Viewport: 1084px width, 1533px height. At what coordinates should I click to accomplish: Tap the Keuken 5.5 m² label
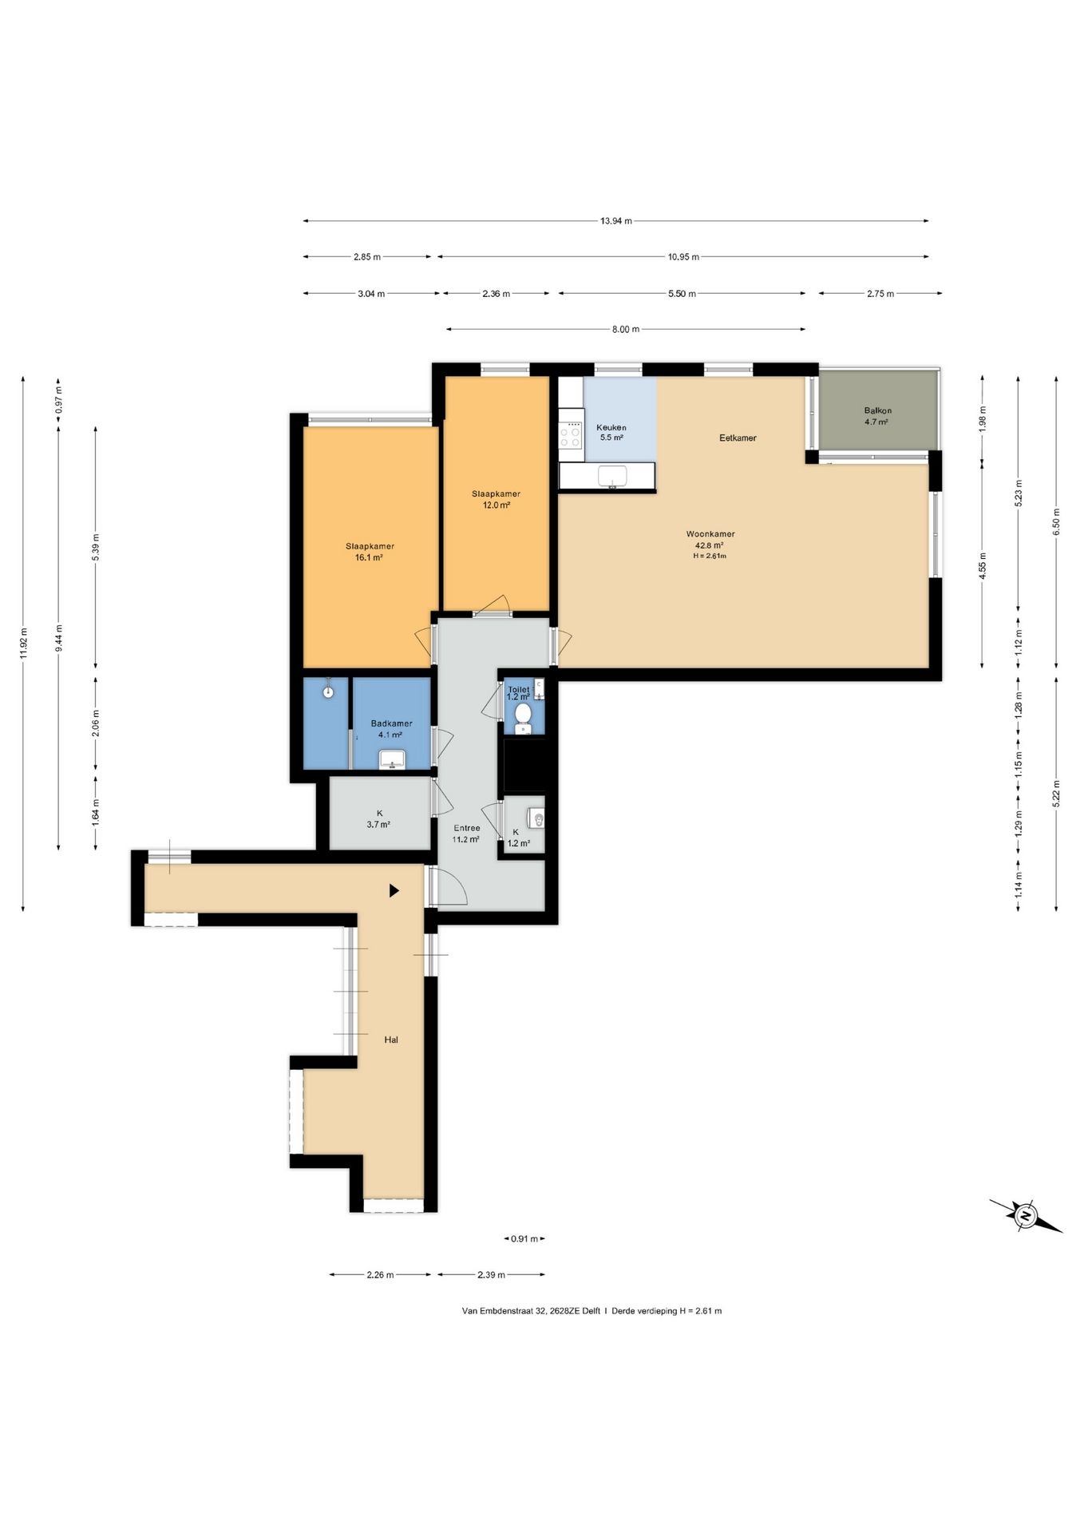[611, 432]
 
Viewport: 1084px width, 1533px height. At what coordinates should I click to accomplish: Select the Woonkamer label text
[710, 534]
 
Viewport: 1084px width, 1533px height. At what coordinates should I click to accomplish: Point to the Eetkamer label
[738, 438]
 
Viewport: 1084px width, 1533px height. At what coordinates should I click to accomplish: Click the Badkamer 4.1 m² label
[391, 729]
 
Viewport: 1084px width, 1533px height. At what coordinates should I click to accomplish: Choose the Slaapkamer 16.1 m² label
[370, 552]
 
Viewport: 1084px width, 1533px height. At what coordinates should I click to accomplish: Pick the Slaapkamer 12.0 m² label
[496, 499]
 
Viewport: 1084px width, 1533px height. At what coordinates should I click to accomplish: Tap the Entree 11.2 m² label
[466, 834]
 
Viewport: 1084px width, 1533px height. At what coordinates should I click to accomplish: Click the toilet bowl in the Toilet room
[524, 716]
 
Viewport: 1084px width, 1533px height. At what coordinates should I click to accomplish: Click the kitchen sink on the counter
[613, 476]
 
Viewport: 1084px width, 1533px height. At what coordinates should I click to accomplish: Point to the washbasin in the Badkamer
[392, 759]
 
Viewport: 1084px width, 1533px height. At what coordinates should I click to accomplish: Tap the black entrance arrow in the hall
[394, 890]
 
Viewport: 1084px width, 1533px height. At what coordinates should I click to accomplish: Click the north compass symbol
[1026, 1216]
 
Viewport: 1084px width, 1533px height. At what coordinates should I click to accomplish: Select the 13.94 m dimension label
[616, 221]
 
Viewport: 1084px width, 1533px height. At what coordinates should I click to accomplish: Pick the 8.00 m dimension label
[626, 329]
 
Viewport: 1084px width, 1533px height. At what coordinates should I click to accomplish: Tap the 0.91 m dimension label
[524, 1239]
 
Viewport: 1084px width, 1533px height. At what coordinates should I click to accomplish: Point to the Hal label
[391, 1040]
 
